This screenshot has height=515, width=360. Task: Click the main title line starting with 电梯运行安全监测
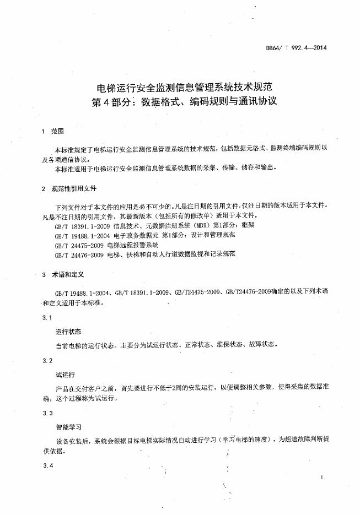(x=185, y=87)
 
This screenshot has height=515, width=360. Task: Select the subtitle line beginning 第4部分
(x=185, y=102)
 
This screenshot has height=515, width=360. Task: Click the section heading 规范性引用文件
(x=73, y=189)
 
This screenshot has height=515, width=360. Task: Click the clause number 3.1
(x=47, y=318)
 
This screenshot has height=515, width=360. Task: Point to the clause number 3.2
(x=47, y=360)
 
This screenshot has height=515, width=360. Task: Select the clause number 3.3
(x=47, y=413)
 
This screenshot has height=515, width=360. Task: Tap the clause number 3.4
(x=47, y=466)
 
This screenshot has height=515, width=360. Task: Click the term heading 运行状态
(x=68, y=332)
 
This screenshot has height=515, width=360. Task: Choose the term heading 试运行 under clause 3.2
(x=65, y=374)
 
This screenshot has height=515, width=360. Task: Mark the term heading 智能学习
(x=68, y=426)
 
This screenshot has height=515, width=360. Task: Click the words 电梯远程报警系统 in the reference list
(x=133, y=245)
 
